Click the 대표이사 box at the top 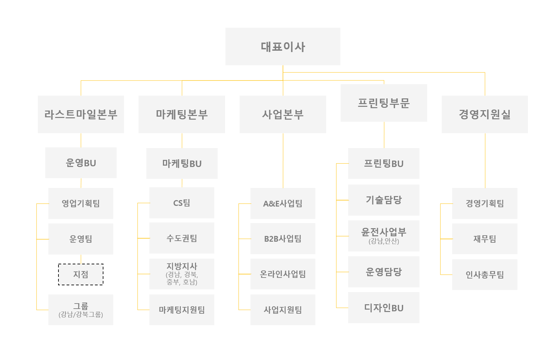pyautogui.click(x=283, y=46)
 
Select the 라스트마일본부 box pyautogui.click(x=81, y=114)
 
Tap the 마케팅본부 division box pyautogui.click(x=181, y=114)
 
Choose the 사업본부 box pyautogui.click(x=283, y=114)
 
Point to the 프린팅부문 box pyautogui.click(x=384, y=103)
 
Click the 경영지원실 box pyautogui.click(x=485, y=114)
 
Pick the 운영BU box pyautogui.click(x=81, y=163)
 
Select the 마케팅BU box pyautogui.click(x=181, y=163)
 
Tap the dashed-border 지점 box pyautogui.click(x=81, y=274)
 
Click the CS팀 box pyautogui.click(x=181, y=203)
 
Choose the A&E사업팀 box pyautogui.click(x=283, y=203)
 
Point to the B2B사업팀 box pyautogui.click(x=283, y=239)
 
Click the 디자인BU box pyautogui.click(x=384, y=308)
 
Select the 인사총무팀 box pyautogui.click(x=485, y=274)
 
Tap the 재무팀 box pyautogui.click(x=485, y=239)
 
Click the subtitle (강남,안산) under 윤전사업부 pyautogui.click(x=384, y=241)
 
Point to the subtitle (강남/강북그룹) pyautogui.click(x=81, y=315)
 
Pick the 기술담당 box pyautogui.click(x=384, y=200)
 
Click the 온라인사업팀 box pyautogui.click(x=283, y=274)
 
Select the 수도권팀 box pyautogui.click(x=181, y=238)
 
